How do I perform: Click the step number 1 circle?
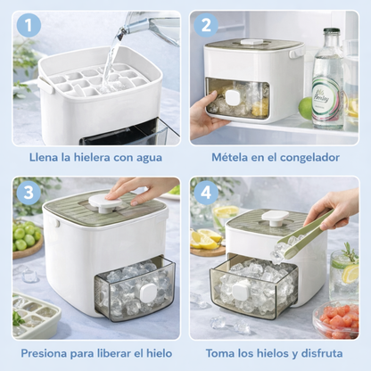pos(29,27)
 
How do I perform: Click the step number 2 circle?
pos(209,27)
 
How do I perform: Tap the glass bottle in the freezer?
pos(329,80)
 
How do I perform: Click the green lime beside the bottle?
pos(307,108)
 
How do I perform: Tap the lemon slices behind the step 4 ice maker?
pos(209,238)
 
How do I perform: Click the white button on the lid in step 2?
pos(251,43)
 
